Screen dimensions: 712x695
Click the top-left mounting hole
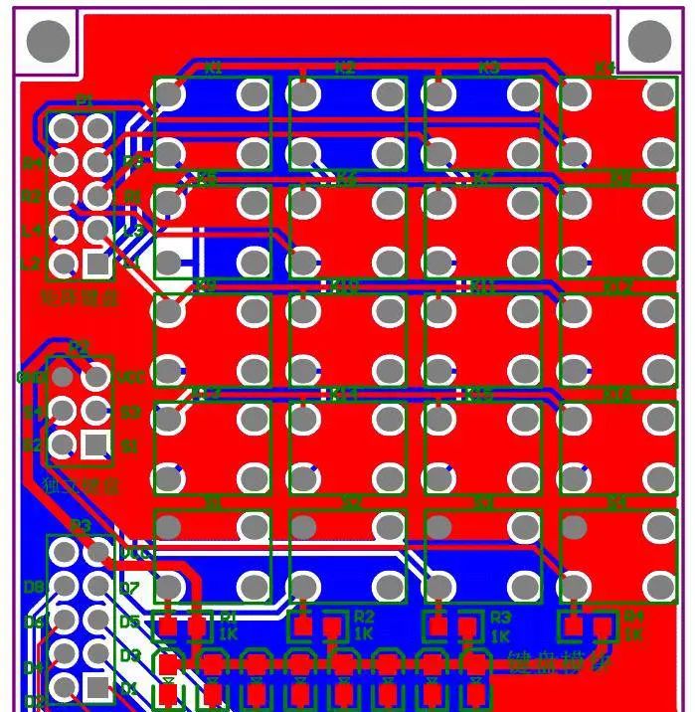47,41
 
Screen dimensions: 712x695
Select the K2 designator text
345,69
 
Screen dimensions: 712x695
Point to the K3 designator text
488,69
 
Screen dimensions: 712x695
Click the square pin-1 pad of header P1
96,264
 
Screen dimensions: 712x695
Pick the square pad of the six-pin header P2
95,444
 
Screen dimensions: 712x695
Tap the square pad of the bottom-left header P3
96,686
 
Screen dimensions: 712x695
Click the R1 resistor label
228,618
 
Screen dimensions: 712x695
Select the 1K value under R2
363,633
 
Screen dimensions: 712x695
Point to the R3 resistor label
500,618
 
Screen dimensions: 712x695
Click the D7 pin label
129,589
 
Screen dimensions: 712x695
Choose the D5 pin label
129,623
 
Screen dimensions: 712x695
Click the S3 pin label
130,412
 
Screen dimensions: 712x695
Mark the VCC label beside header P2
130,378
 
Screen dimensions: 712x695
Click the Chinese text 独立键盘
82,486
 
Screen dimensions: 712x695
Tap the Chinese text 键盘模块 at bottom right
559,660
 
